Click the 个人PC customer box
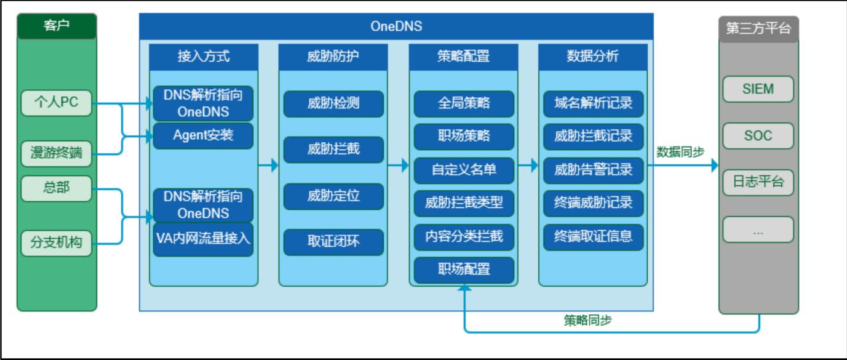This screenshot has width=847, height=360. (x=57, y=103)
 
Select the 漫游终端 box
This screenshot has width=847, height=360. (x=57, y=154)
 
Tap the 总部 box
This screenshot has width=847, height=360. (x=57, y=188)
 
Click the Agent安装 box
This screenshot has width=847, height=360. (x=203, y=135)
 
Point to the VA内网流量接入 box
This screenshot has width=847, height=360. (x=203, y=239)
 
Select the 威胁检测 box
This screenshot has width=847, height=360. (x=333, y=104)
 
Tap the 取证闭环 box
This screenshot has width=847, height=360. (x=333, y=242)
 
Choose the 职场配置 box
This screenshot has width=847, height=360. (x=464, y=270)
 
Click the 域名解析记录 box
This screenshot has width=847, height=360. (x=594, y=104)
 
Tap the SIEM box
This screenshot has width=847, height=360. (x=758, y=89)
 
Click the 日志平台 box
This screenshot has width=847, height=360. (x=758, y=183)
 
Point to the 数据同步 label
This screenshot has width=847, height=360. (x=680, y=152)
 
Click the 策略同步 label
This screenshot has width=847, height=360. (x=588, y=320)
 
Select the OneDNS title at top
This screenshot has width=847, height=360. (x=396, y=26)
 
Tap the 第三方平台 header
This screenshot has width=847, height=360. (x=758, y=29)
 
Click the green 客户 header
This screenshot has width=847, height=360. (x=57, y=26)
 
